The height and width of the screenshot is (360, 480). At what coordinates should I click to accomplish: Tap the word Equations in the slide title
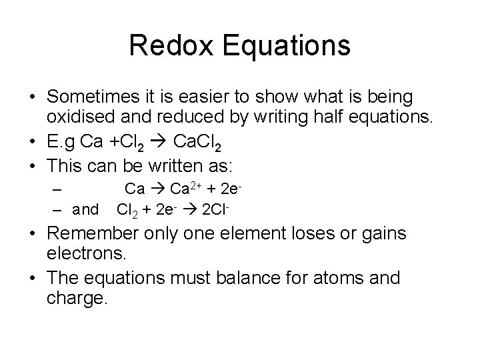tap(287, 46)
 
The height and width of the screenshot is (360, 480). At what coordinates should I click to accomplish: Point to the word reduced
tap(187, 118)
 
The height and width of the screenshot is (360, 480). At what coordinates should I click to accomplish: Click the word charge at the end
tap(76, 298)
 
